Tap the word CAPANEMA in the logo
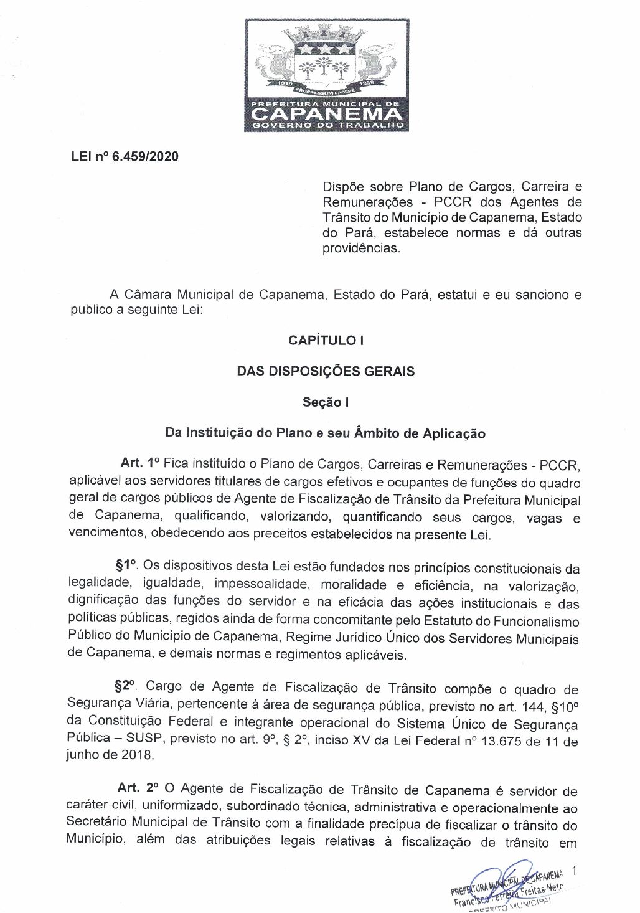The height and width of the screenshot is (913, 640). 326,113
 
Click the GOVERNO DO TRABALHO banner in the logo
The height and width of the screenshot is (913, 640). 326,126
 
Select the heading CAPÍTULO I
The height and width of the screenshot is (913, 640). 326,341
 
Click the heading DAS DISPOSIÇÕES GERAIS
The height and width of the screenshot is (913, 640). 326,371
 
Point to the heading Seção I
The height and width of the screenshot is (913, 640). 326,402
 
